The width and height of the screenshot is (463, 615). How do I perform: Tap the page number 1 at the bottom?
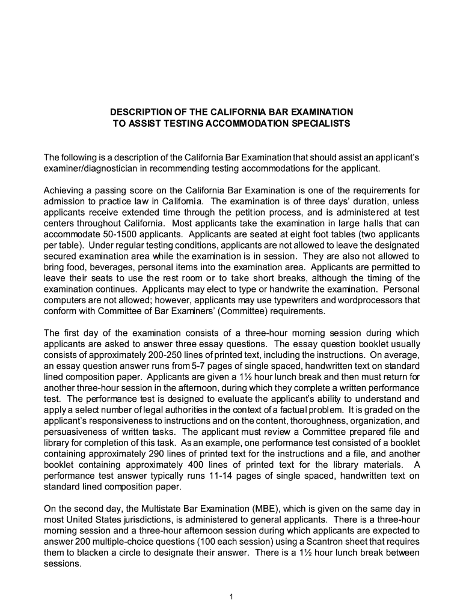[x=231, y=596]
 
